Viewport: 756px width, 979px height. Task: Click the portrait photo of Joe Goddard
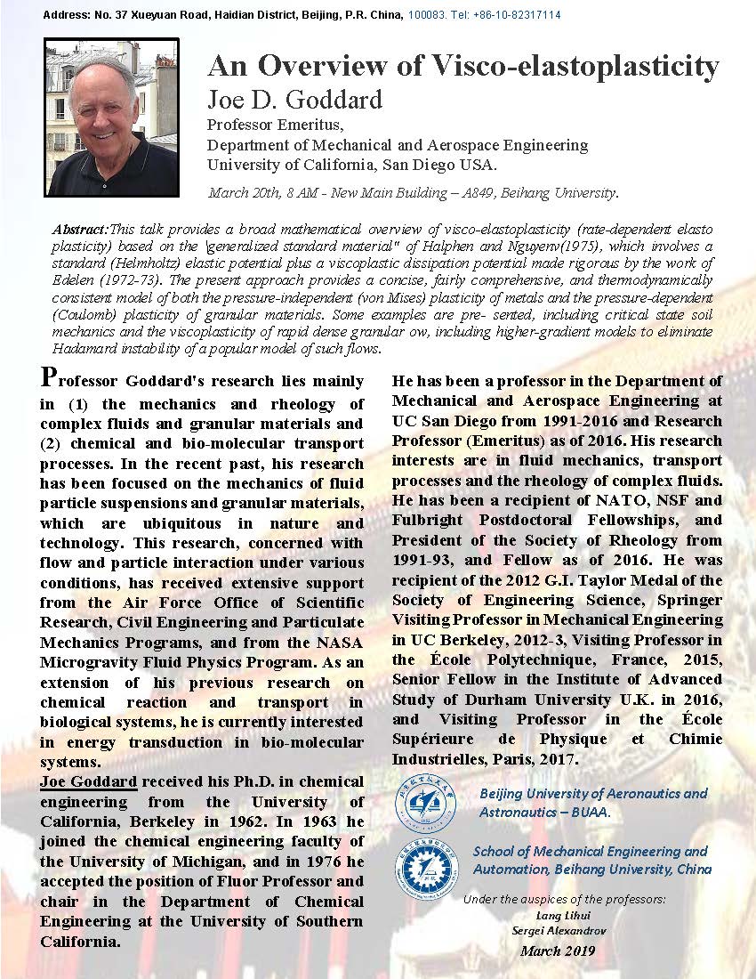point(111,117)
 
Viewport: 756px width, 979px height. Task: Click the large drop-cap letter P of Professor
point(52,377)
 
